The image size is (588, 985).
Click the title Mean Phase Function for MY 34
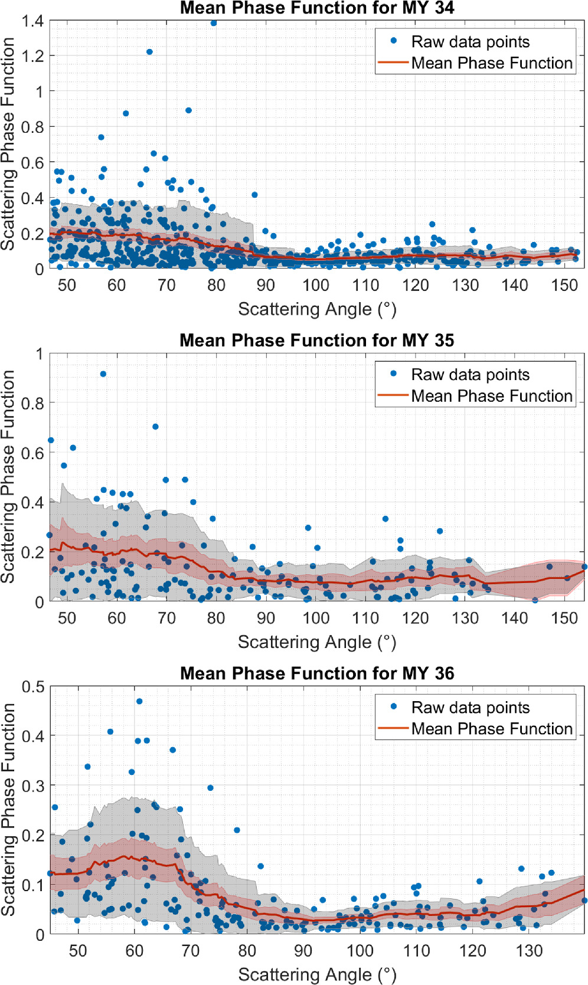tap(317, 8)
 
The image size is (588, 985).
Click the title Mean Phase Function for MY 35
tap(317, 341)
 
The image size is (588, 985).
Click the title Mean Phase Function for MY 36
tap(317, 673)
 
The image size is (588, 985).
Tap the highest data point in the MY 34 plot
tap(214, 23)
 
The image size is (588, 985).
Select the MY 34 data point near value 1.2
tap(149, 52)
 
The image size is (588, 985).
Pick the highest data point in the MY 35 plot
tap(103, 374)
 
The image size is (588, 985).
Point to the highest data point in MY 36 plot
tap(139, 702)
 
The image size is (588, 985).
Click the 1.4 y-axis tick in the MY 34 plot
tap(32, 21)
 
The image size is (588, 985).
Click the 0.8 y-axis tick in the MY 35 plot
tap(32, 404)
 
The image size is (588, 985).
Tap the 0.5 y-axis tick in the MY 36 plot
tap(32, 687)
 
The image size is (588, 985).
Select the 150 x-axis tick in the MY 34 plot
tap(564, 286)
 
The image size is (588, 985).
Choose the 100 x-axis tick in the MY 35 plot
tap(316, 619)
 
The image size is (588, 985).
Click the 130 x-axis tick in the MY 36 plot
tap(529, 951)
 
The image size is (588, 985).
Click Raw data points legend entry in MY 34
tap(470, 42)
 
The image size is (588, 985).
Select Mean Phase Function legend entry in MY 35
tap(491, 396)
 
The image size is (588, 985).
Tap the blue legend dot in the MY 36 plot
tap(394, 706)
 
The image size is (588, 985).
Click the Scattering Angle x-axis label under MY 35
tap(317, 642)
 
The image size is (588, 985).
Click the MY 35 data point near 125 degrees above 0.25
tap(440, 531)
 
